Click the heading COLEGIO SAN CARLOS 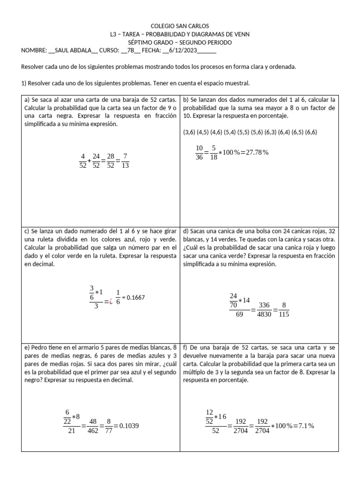pyautogui.click(x=180, y=26)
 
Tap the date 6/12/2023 pyautogui.click(x=186, y=51)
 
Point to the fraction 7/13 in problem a pyautogui.click(x=125, y=161)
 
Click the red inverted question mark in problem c pyautogui.click(x=111, y=302)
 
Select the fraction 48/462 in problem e pyautogui.click(x=93, y=426)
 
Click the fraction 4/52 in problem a pyautogui.click(x=83, y=161)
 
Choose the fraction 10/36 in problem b pyautogui.click(x=199, y=153)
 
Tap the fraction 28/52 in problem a pyautogui.click(x=111, y=161)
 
